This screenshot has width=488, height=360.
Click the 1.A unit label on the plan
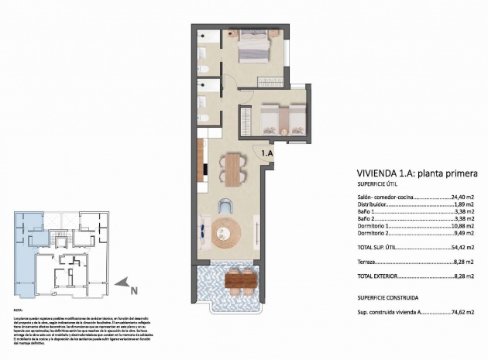[268, 154]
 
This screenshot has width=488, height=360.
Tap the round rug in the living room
[228, 231]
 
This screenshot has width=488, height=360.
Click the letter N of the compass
[133, 291]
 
